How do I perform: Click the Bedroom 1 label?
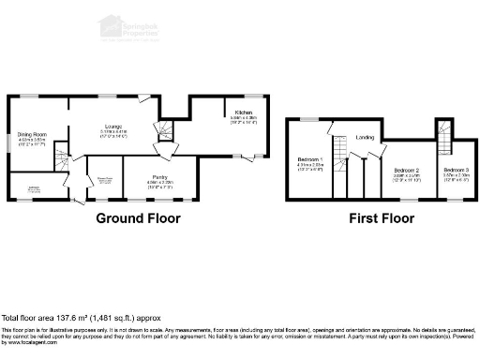click(x=309, y=159)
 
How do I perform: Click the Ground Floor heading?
click(x=138, y=218)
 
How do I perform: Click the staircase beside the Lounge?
click(x=165, y=127)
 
